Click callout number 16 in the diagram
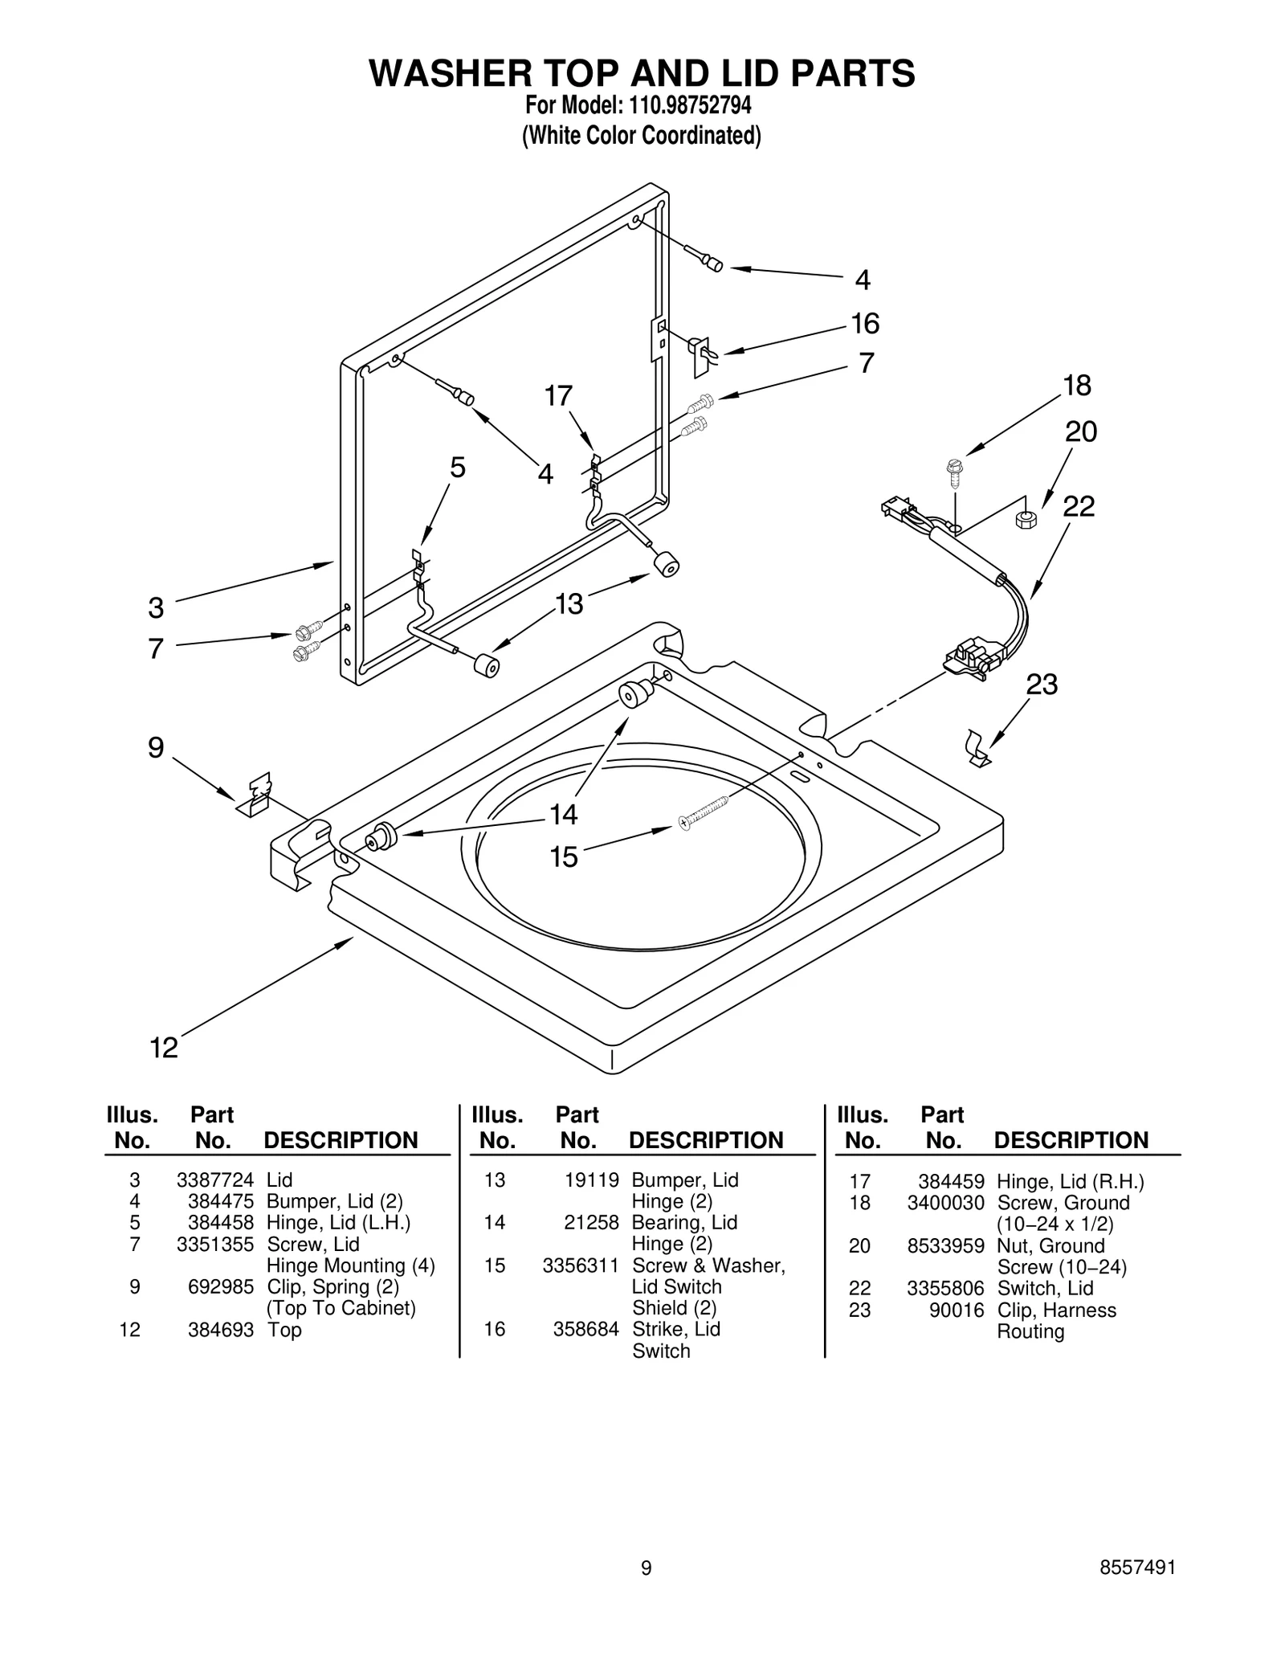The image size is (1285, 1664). tap(865, 323)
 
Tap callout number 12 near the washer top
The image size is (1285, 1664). tap(164, 1048)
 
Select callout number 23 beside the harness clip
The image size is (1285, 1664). tap(1042, 685)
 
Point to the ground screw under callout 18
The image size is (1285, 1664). tap(955, 473)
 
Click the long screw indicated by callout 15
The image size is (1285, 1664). tap(704, 812)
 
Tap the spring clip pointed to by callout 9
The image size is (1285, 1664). tap(256, 795)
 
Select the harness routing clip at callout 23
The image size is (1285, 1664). tap(977, 749)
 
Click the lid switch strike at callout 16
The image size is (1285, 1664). tap(700, 354)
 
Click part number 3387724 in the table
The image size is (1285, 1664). tap(214, 1180)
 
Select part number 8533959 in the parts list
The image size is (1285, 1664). tap(945, 1246)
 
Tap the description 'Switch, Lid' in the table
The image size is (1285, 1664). tap(1045, 1289)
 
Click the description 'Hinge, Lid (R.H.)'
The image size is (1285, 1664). tap(1070, 1182)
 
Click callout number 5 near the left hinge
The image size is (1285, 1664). tap(457, 467)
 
